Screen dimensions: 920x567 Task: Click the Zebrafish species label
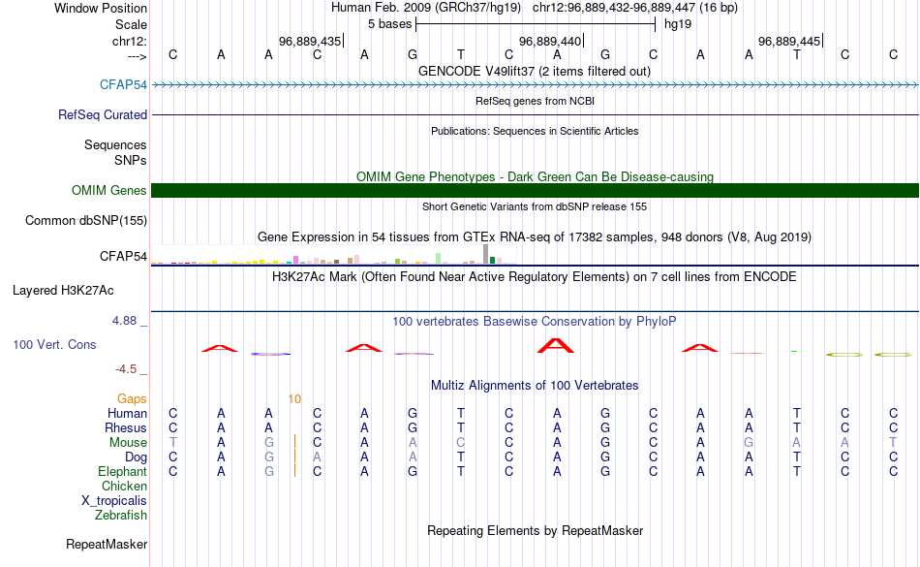tap(121, 516)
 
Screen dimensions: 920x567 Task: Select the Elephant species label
tap(122, 472)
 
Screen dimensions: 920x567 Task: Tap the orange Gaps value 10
tap(294, 399)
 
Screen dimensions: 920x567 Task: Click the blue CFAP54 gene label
tap(123, 84)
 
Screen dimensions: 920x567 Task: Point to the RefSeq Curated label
tap(102, 115)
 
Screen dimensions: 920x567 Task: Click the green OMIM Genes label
tap(108, 191)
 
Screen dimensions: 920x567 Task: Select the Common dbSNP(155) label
tap(85, 221)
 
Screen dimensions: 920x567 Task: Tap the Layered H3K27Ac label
tap(63, 291)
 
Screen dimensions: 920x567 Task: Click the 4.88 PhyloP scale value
tap(124, 321)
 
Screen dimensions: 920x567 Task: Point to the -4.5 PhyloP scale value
tap(126, 369)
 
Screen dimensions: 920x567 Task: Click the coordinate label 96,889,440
tap(550, 42)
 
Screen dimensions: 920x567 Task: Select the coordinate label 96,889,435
tap(310, 42)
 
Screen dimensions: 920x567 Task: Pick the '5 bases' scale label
tap(389, 24)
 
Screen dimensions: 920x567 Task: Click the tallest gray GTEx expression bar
tap(485, 254)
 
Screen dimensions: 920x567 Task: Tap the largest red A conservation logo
tap(556, 346)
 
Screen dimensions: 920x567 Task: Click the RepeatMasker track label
tap(107, 545)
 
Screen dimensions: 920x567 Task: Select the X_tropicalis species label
tap(114, 501)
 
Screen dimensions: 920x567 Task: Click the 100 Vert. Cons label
tap(54, 344)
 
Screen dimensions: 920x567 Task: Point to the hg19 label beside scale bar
tap(678, 24)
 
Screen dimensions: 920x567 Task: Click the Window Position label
tap(101, 8)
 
